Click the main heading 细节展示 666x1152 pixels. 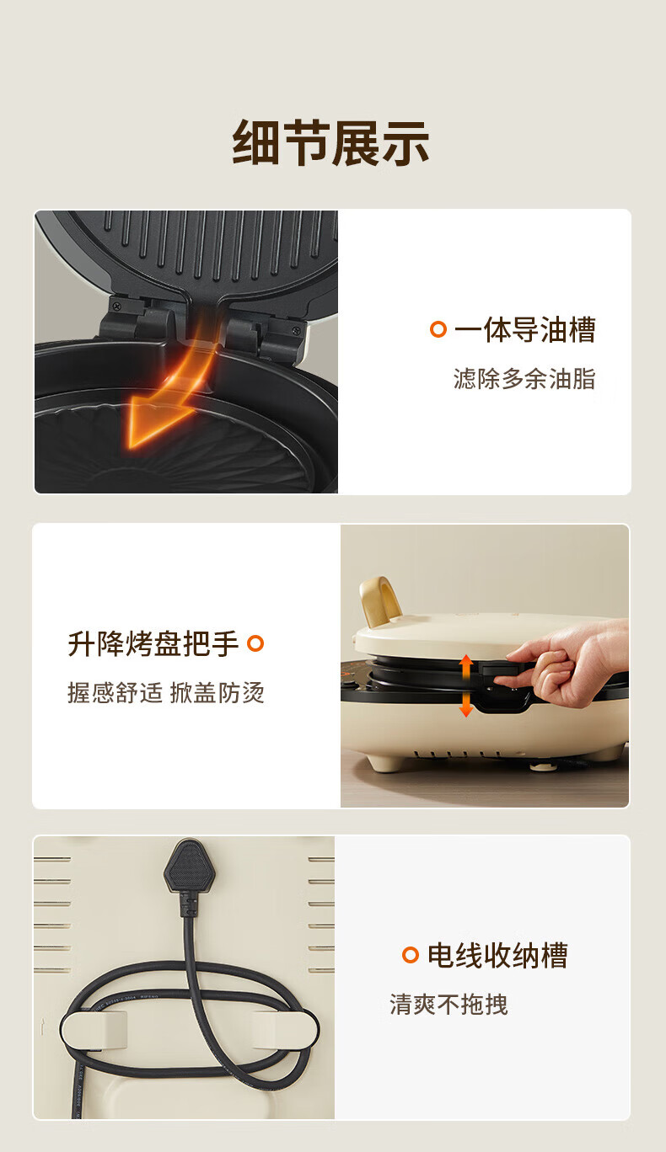(331, 143)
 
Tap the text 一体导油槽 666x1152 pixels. (525, 329)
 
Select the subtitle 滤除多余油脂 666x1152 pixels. (524, 379)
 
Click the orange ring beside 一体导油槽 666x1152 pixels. (438, 329)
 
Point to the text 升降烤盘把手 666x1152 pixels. (153, 643)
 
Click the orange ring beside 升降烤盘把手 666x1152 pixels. (255, 643)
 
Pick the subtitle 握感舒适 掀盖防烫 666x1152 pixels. (166, 693)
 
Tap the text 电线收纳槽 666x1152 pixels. (497, 956)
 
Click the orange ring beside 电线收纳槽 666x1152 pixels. (411, 955)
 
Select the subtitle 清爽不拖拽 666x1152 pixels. (448, 1005)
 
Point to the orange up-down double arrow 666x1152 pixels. (466, 685)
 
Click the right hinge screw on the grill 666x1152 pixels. (295, 330)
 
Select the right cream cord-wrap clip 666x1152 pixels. (286, 1029)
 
